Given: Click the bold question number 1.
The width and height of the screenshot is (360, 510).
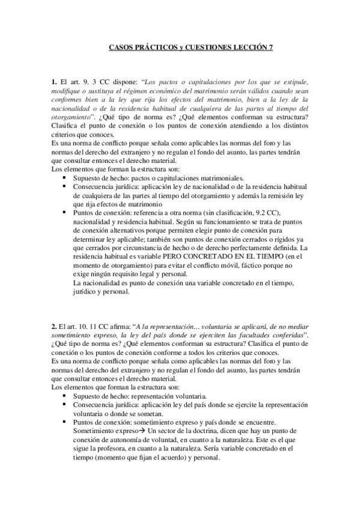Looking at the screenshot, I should pyautogui.click(x=53, y=81).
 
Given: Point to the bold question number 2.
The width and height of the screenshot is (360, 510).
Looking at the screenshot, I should pyautogui.click(x=53, y=326).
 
